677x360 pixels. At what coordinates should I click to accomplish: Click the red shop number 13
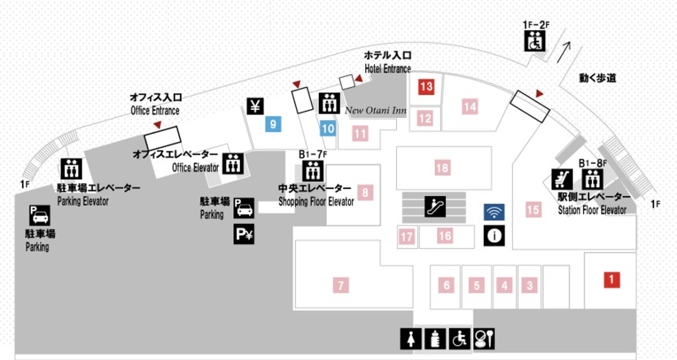tap(426, 87)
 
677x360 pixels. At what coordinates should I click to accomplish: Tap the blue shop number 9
tap(272, 125)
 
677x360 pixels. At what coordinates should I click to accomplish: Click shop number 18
tap(442, 168)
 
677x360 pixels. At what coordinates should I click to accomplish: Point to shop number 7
tap(340, 285)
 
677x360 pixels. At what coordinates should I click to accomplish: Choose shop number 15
tap(533, 210)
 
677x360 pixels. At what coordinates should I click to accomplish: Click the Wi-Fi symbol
tap(494, 212)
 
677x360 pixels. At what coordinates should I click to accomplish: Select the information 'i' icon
tap(494, 235)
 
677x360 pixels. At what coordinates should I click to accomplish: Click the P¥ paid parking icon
tap(243, 234)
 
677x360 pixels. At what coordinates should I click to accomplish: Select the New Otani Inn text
tap(376, 111)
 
